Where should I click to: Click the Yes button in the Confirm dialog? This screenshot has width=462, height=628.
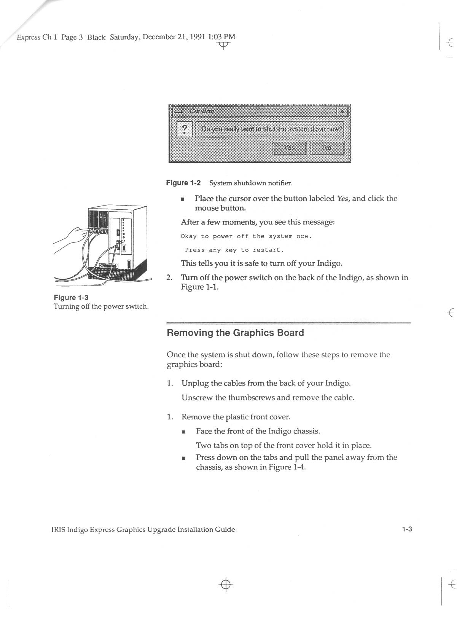[290, 148]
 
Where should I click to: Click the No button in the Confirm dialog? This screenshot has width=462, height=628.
[327, 148]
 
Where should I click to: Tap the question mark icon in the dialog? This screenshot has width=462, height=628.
[185, 129]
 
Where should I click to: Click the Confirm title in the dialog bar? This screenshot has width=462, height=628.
[202, 111]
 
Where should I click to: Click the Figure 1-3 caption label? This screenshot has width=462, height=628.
[71, 297]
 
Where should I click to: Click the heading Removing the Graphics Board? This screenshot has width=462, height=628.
[235, 333]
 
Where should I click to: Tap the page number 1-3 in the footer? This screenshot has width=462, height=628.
[407, 529]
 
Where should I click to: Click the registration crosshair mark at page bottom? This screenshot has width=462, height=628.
[226, 584]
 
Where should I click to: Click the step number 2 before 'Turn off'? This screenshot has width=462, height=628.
[169, 277]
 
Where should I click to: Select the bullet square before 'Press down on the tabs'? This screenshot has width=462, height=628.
[184, 458]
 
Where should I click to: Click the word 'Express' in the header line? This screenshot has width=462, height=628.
[29, 37]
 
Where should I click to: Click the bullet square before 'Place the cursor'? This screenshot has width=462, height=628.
[183, 199]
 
